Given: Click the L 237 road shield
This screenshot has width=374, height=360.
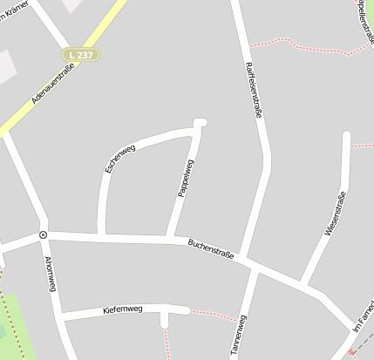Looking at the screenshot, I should (81, 54).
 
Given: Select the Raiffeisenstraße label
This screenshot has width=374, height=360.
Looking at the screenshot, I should (255, 88).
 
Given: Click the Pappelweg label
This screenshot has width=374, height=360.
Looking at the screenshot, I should (186, 178).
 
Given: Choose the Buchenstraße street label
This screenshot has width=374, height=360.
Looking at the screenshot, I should (211, 248).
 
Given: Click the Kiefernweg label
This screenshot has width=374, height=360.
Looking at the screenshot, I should (121, 309).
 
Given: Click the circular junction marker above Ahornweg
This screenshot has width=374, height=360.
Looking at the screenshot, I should (42, 234).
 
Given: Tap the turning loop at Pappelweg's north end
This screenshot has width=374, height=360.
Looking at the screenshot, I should (201, 123).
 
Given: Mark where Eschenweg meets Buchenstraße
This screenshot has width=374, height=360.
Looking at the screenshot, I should (102, 235).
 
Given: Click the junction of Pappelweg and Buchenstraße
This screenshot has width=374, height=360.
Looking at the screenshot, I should (169, 237).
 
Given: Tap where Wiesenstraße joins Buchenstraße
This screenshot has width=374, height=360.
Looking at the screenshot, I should (302, 282).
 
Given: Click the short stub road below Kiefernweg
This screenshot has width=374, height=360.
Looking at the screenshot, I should (164, 319).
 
